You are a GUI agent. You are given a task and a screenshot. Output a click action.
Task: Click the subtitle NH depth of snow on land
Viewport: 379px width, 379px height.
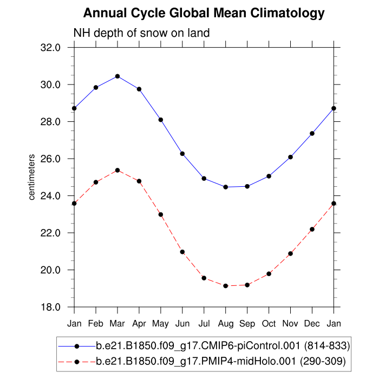(141, 34)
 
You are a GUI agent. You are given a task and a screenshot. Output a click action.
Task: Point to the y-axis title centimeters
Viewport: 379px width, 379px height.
(32, 177)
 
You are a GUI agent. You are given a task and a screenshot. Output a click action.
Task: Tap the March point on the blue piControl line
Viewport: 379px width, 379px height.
(117, 76)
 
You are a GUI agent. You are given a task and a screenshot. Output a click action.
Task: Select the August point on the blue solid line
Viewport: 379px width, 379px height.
(226, 187)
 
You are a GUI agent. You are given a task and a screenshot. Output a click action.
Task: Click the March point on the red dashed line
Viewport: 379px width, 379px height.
(117, 171)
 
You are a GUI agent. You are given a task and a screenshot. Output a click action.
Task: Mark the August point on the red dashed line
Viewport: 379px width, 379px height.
(226, 286)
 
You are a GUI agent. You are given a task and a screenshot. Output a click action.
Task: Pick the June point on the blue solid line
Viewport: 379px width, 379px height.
(182, 154)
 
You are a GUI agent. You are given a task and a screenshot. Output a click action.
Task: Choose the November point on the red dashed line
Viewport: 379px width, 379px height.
(291, 253)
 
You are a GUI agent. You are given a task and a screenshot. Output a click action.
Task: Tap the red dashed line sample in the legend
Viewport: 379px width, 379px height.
(77, 361)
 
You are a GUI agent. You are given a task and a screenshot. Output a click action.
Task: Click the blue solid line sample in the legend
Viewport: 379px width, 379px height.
(77, 345)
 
